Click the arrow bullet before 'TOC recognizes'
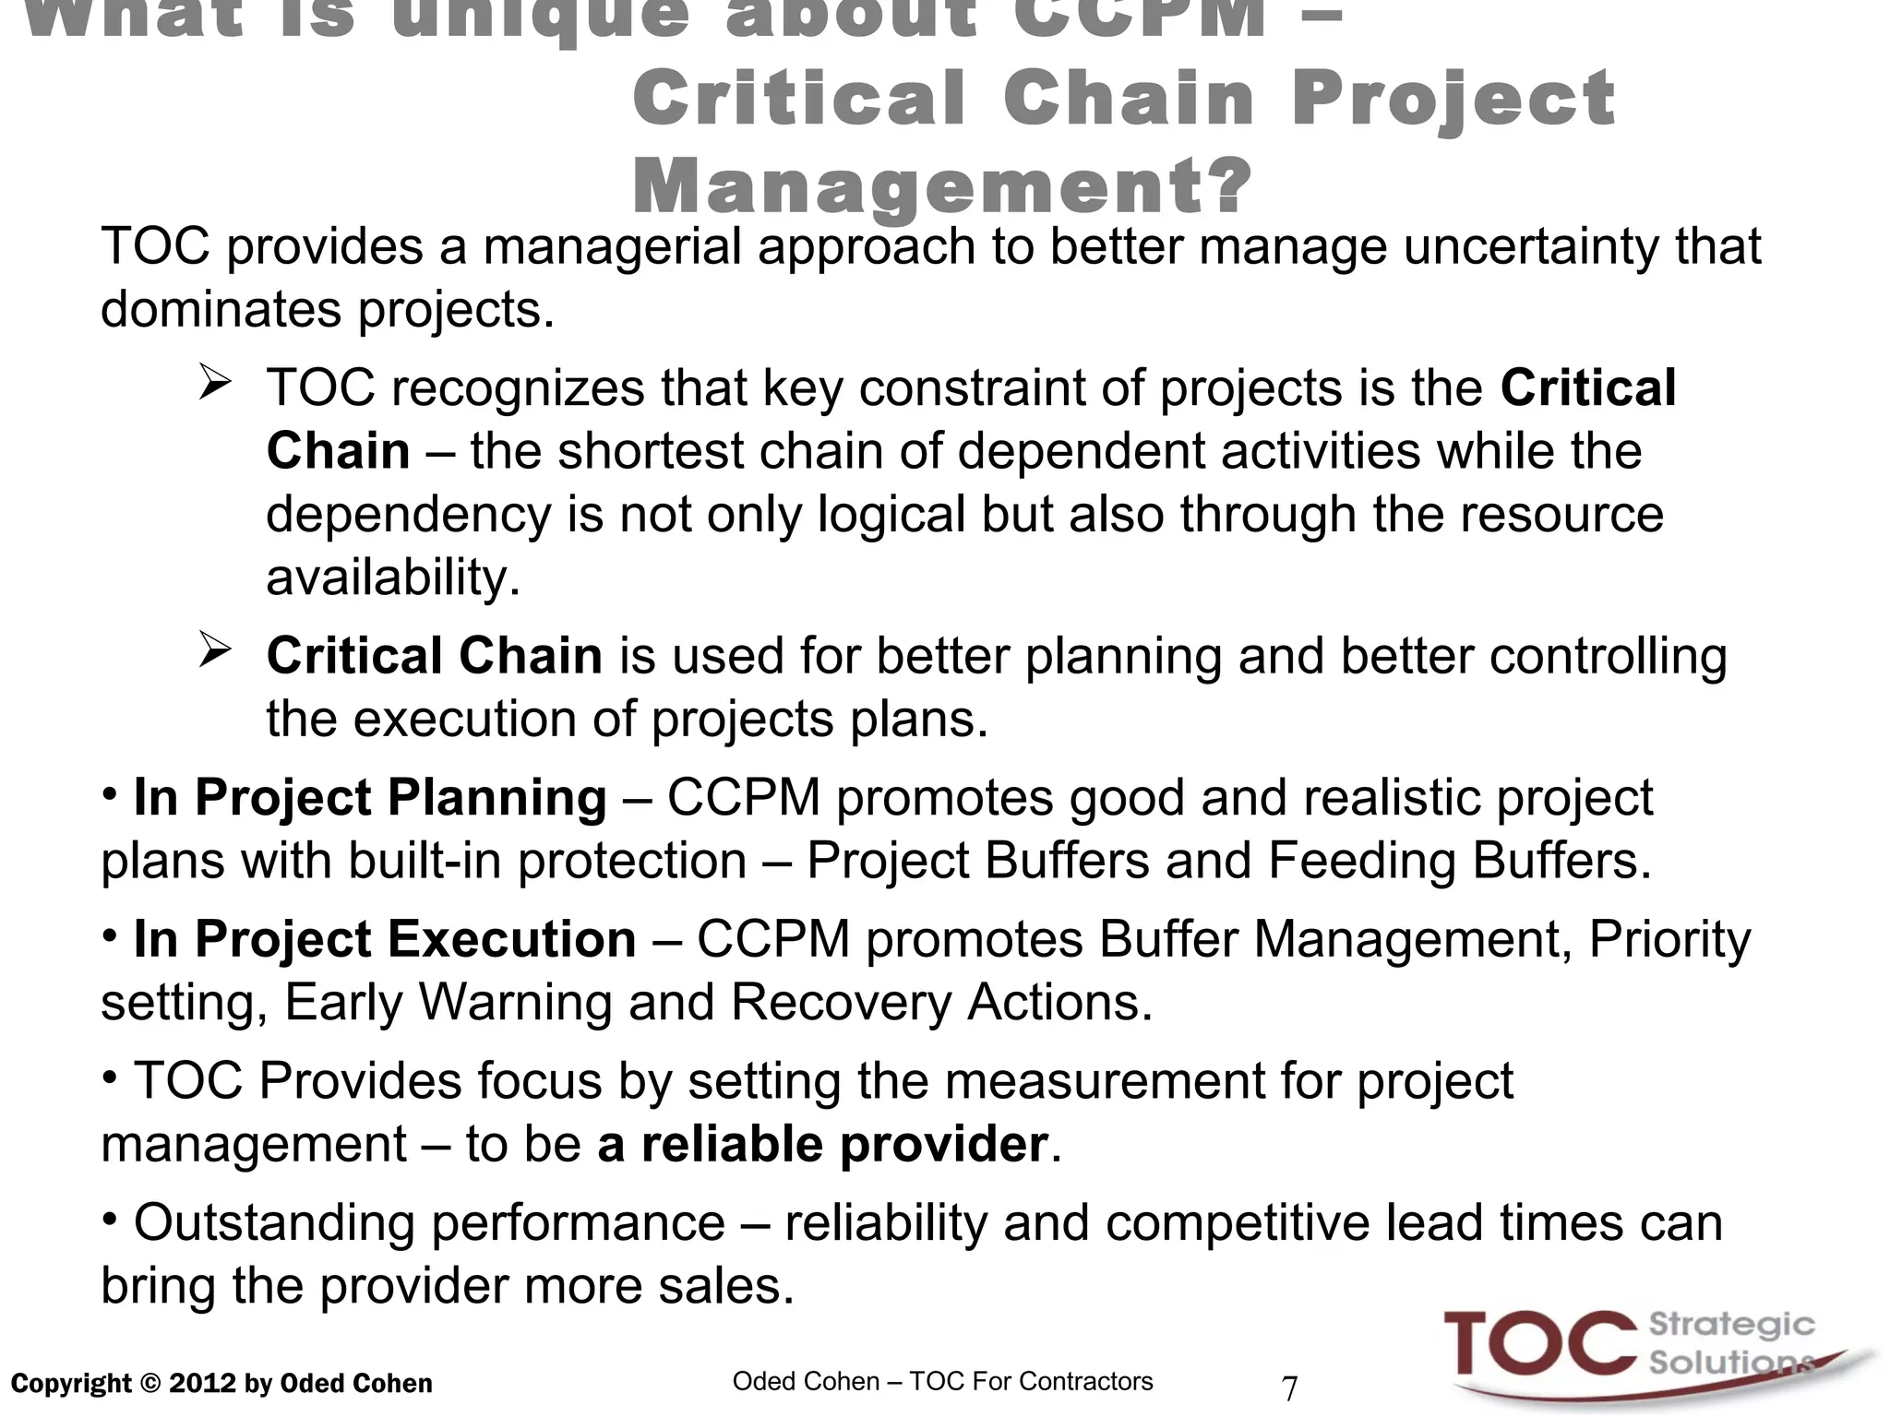click(x=214, y=384)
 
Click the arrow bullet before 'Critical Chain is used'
click(x=214, y=652)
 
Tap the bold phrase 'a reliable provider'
click(x=822, y=1145)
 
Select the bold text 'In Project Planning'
click(x=370, y=798)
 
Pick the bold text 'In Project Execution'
click(x=385, y=940)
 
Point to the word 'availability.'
click(x=393, y=578)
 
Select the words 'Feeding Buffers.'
click(x=1459, y=862)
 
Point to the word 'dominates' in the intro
click(x=221, y=310)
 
